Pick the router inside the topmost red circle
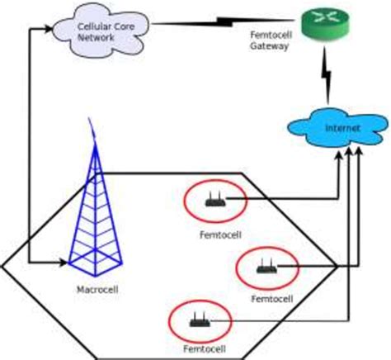214,199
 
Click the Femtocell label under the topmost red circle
219,234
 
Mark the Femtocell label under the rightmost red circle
271,297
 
